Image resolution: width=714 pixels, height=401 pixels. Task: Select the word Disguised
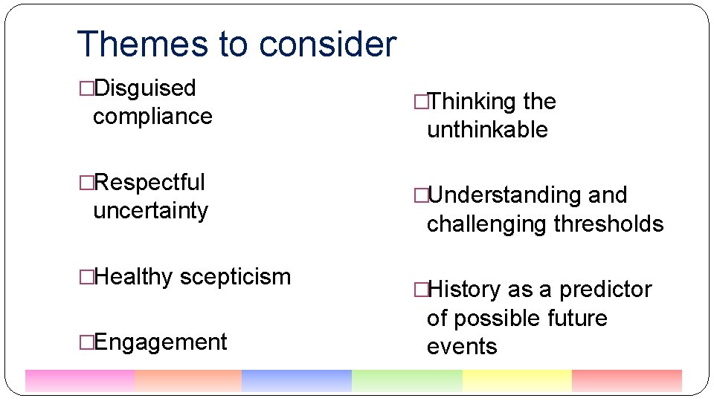(145, 88)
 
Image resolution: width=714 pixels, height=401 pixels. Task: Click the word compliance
(152, 117)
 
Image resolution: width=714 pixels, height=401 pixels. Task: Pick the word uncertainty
(150, 211)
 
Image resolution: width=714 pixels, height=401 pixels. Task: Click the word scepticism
(235, 277)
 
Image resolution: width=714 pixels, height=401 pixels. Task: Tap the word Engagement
(160, 342)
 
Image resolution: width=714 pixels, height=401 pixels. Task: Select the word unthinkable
(487, 130)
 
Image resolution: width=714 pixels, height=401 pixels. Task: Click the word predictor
(605, 290)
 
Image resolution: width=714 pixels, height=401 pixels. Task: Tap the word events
(462, 346)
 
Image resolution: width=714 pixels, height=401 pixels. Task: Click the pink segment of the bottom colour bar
(80, 381)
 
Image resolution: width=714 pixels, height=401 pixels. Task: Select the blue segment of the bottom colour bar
(296, 381)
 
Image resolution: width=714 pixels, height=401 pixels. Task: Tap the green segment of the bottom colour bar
(406, 381)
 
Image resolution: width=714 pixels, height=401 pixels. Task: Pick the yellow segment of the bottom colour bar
(516, 381)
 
